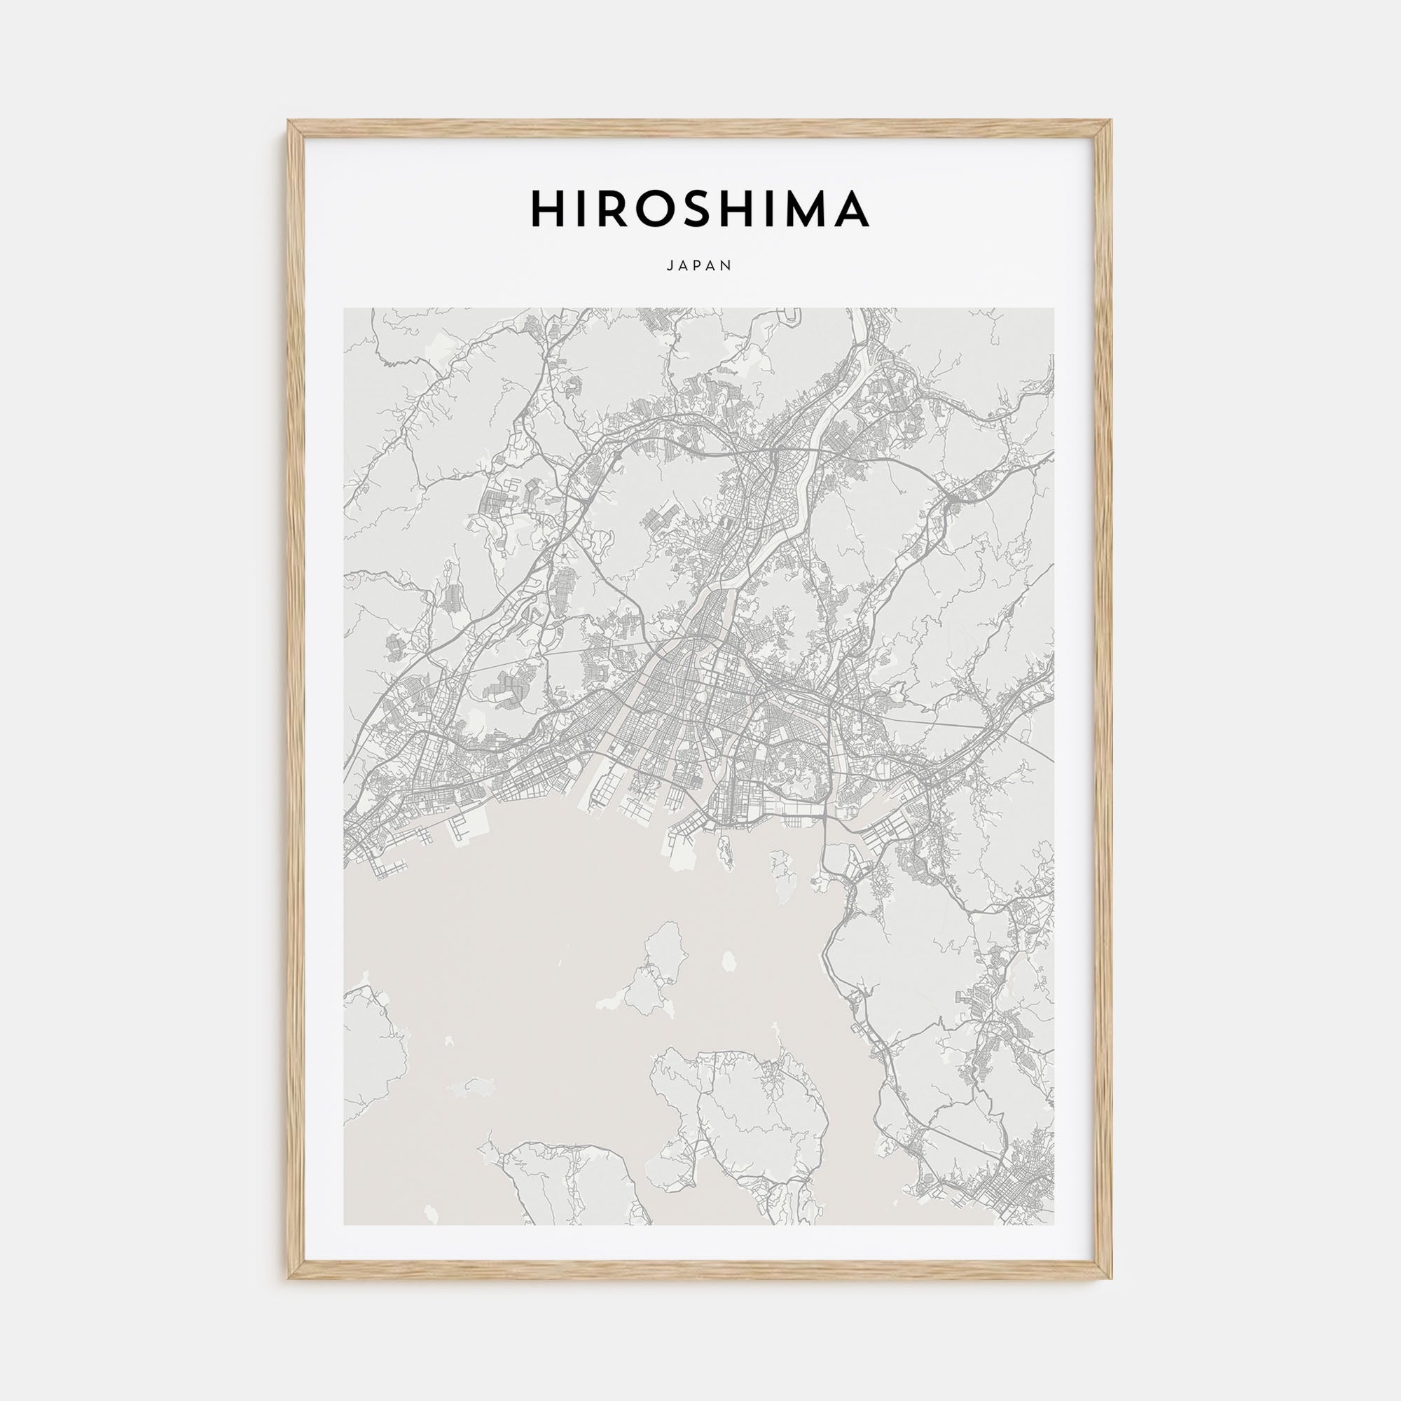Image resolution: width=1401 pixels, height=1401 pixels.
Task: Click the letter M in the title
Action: point(805,209)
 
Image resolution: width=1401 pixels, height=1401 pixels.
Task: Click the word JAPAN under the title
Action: point(700,266)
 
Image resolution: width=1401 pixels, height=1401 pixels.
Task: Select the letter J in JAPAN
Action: point(669,266)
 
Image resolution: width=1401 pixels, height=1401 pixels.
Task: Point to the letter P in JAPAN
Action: point(700,266)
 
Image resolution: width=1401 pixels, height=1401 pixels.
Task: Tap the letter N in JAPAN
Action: point(729,266)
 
